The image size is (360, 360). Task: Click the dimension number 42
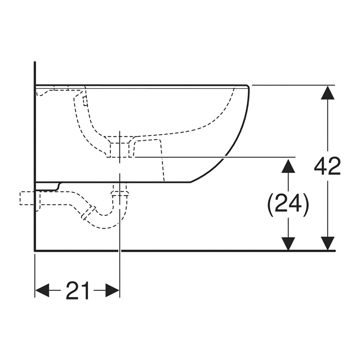pyautogui.click(x=327, y=167)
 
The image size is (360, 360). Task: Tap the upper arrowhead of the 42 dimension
pyautogui.click(x=327, y=92)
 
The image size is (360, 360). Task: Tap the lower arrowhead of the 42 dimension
pyautogui.click(x=327, y=243)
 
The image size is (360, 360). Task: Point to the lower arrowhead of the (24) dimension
pyautogui.click(x=288, y=243)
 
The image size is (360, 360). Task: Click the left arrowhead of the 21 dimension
pyautogui.click(x=42, y=291)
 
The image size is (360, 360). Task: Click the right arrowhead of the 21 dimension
pyautogui.click(x=113, y=291)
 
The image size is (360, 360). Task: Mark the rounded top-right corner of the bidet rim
pyautogui.click(x=246, y=87)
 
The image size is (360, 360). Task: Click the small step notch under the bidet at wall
pyautogui.click(x=58, y=186)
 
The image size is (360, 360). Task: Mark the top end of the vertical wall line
pyautogui.click(x=34, y=63)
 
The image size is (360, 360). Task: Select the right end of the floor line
pyautogui.click(x=334, y=251)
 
